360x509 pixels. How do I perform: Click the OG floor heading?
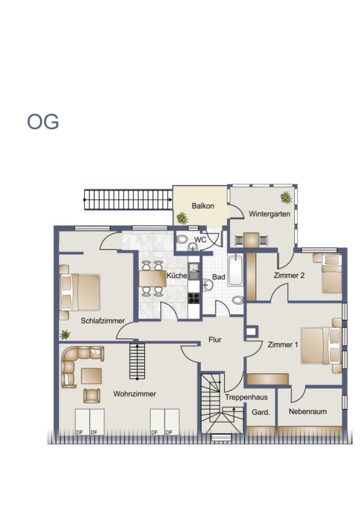pos(43,122)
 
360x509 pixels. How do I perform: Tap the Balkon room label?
pos(203,206)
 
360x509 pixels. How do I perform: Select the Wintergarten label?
pos(269,214)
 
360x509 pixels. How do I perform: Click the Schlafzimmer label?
pos(102,321)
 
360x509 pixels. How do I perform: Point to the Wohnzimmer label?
pos(135,394)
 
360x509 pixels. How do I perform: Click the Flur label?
pos(215,340)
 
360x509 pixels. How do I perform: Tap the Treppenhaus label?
pos(246,397)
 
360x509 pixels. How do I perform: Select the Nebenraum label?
pos(307,411)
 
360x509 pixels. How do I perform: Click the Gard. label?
pos(260,412)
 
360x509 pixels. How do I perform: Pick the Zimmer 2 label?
pos(289,275)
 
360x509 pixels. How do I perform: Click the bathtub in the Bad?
pos(235,271)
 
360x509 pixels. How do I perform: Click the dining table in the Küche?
pos(152,279)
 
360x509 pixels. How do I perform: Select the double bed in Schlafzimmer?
pos(82,292)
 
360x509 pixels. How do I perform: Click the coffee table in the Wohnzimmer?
pos(91,376)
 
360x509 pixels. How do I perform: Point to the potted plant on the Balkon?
pos(182,218)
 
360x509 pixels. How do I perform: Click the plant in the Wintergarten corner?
pos(286,197)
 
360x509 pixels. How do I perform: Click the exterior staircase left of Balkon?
pos(128,200)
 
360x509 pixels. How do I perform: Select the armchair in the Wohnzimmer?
pos(91,395)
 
